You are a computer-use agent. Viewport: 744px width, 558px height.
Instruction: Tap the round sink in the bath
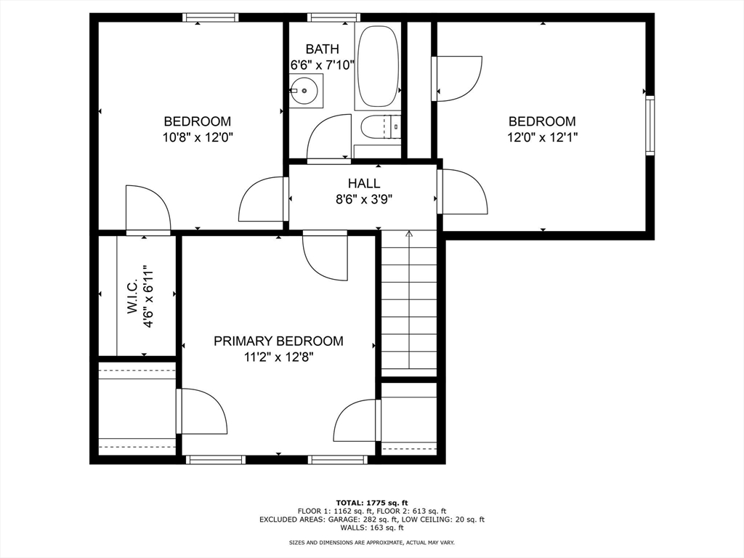[303, 90]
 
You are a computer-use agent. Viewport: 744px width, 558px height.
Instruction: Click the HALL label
[364, 183]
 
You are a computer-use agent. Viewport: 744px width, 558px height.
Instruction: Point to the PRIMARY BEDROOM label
[278, 341]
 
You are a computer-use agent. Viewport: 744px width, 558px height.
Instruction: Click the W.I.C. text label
[132, 296]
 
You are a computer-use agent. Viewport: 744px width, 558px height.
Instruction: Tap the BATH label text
[322, 49]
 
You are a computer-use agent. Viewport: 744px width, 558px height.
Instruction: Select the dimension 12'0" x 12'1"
[542, 137]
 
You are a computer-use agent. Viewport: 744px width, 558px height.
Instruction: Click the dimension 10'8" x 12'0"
[198, 137]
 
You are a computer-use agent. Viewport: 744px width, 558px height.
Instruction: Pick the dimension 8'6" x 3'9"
[364, 199]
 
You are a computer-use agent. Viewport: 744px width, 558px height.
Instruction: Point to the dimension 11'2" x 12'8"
[278, 357]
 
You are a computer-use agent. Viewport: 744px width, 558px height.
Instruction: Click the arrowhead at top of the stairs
[409, 233]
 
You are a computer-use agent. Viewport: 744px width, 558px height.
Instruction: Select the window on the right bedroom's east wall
[650, 125]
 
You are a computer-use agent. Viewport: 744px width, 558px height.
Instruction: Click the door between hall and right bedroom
[463, 192]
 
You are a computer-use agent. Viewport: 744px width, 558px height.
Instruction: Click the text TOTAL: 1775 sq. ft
[372, 503]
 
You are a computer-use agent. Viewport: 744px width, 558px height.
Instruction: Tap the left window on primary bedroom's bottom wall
[215, 459]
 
